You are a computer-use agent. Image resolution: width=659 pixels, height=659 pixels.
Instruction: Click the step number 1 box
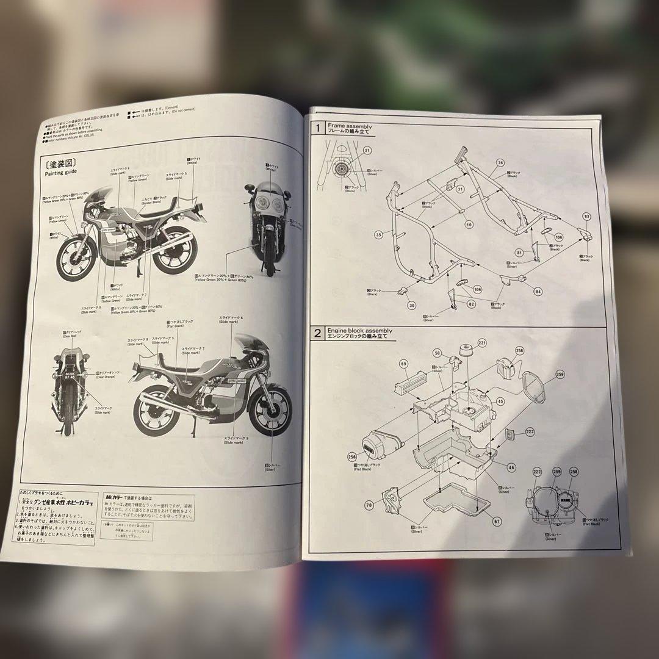[x=317, y=128]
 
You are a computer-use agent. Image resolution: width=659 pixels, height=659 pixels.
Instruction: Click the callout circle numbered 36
[x=500, y=163]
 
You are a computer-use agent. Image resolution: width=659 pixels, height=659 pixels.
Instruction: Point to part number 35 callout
[x=378, y=234]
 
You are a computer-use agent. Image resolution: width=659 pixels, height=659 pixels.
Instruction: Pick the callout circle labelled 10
[x=469, y=225]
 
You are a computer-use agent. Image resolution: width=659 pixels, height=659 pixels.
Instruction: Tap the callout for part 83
[x=587, y=217]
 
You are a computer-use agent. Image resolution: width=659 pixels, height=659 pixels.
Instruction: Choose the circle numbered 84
[x=538, y=292]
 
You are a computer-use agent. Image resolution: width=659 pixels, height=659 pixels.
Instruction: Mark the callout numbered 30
[x=412, y=305]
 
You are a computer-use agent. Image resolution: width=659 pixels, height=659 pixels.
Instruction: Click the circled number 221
[x=482, y=343]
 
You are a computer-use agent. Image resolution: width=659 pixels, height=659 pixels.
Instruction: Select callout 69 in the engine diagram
[x=404, y=364]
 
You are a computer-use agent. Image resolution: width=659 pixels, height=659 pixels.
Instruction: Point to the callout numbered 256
[x=352, y=456]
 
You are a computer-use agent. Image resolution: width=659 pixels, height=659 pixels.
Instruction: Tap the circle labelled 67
[x=497, y=521]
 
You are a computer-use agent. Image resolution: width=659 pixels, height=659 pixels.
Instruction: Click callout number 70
[x=369, y=505]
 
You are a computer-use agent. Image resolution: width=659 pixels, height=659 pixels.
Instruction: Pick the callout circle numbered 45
[x=500, y=401]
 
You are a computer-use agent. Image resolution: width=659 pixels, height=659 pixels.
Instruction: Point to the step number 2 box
[x=317, y=333]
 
